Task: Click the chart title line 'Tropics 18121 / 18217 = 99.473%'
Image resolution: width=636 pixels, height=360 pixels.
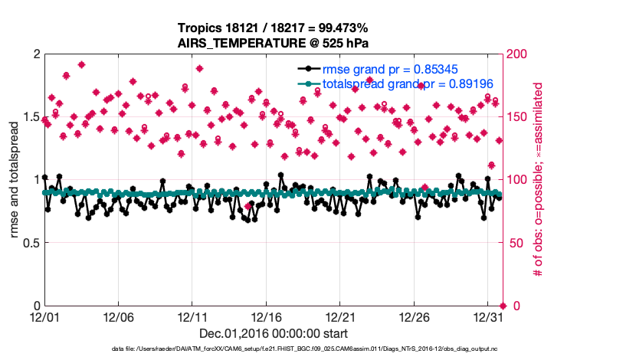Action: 274,28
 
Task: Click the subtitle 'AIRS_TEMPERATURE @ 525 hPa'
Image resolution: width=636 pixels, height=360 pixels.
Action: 274,42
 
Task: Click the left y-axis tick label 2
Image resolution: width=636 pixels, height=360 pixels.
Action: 35,54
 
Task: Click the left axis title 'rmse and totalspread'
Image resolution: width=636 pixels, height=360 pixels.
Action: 15,180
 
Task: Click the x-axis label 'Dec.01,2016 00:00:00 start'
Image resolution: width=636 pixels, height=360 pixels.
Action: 274,333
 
